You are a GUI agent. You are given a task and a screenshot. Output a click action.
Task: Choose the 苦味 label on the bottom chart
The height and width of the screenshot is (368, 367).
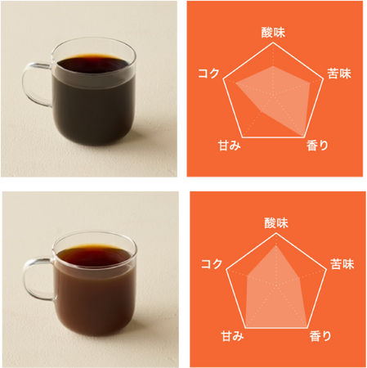pos(341,264)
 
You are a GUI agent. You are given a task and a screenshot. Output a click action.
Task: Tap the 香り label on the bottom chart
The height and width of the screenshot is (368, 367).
pos(320,335)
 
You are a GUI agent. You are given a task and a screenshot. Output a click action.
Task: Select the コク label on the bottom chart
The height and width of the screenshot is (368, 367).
pos(212,264)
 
